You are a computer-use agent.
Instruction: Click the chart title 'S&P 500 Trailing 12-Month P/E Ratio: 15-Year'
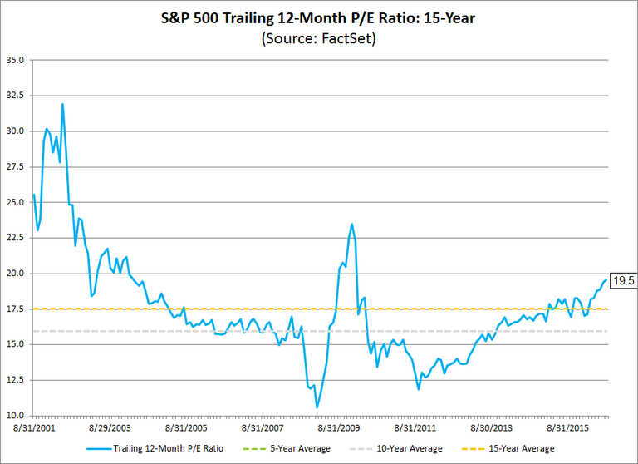(319, 17)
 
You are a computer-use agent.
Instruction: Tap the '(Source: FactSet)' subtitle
(319, 38)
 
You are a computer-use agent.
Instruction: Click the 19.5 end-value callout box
(622, 281)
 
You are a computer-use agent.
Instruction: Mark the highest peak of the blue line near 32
(62, 105)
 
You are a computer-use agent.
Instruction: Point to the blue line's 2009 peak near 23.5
(351, 224)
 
